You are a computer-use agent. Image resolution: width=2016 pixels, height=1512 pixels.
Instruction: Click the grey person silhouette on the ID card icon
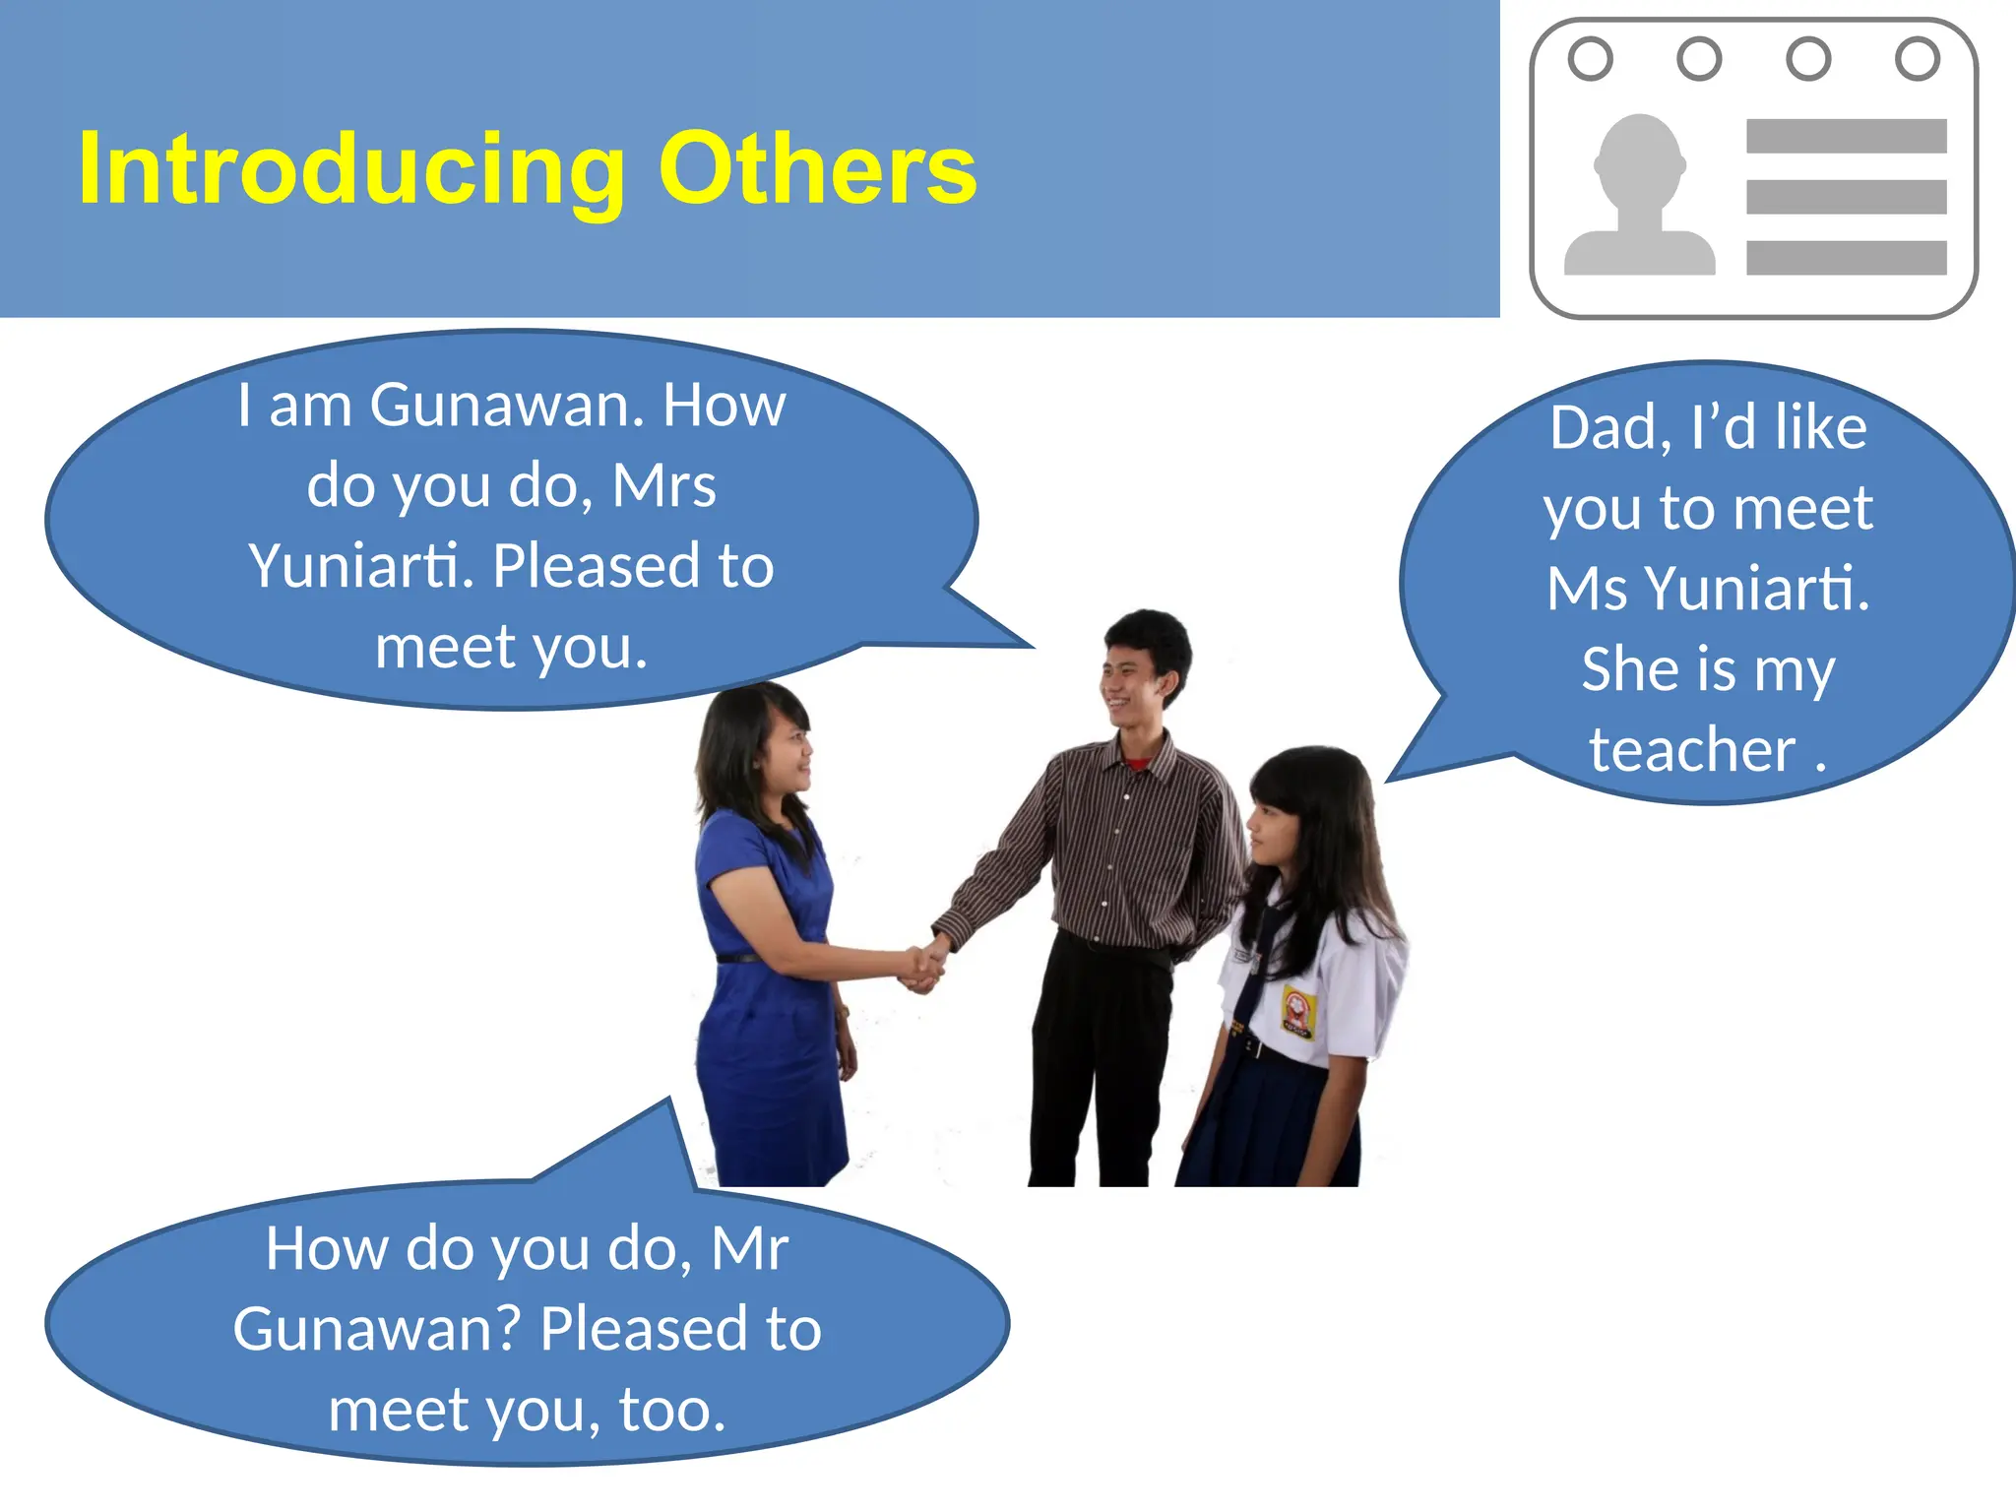1639,197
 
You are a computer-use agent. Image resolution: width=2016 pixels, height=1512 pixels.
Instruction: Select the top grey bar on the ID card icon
1846,136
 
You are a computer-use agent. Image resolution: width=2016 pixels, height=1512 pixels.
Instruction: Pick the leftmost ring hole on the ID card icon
1590,58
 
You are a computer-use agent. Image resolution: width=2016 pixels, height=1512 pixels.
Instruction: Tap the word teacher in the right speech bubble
1692,750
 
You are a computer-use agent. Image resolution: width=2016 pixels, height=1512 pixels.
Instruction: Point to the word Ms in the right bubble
1586,589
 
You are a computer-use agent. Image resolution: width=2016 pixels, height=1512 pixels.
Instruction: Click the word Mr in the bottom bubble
749,1248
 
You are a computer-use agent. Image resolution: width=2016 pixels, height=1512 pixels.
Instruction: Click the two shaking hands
923,964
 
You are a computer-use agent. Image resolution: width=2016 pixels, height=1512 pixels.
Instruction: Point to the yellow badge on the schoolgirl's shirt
1298,1013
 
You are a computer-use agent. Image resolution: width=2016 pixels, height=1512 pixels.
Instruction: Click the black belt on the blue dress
740,957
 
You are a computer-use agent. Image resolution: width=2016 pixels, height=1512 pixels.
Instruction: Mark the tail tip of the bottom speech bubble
670,1099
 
